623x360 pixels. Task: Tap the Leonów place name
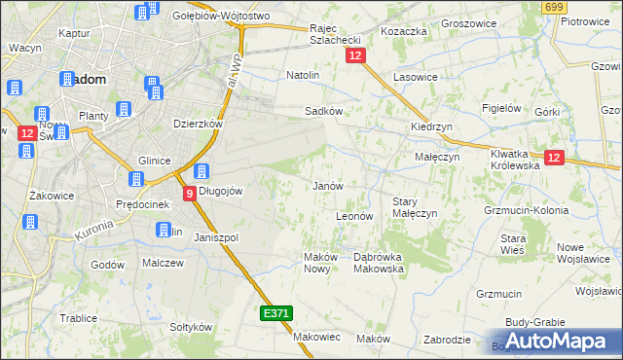point(354,216)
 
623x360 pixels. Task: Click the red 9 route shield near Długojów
point(190,196)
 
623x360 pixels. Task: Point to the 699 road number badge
point(554,8)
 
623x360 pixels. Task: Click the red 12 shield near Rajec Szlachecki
point(354,58)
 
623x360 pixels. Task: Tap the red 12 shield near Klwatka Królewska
point(554,158)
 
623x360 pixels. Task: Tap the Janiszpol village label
point(216,237)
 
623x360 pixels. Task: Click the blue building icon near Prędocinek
point(136,179)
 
